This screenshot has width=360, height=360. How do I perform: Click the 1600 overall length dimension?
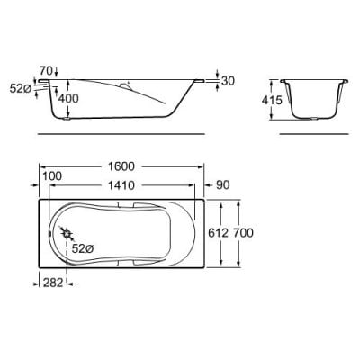tap(121, 166)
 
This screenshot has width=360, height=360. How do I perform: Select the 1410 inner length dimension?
tap(121, 185)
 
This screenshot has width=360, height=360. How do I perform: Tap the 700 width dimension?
tap(243, 233)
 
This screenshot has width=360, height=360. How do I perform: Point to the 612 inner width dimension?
tap(219, 233)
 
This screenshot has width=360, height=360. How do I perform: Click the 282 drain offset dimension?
tap(53, 283)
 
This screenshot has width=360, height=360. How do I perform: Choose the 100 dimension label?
tap(52, 176)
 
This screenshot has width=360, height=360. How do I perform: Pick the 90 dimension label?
tap(223, 185)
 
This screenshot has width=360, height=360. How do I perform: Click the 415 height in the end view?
tap(272, 100)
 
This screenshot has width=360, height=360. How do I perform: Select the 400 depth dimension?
tap(68, 98)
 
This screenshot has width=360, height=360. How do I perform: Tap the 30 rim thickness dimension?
tap(228, 81)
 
